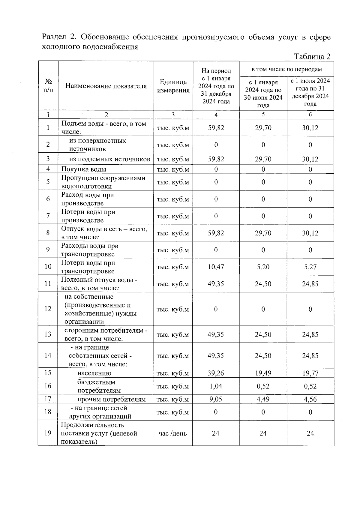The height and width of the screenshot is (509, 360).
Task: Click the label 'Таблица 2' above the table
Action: tap(312, 57)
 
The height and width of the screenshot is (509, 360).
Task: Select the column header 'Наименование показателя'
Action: tap(106, 86)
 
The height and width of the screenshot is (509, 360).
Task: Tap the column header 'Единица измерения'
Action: tap(173, 86)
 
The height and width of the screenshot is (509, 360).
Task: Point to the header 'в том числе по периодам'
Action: tap(286, 69)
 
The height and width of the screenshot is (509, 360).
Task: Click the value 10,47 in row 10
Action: tap(216, 267)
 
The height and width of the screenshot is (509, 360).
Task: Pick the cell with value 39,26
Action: tap(216, 373)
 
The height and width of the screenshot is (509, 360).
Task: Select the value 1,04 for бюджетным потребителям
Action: tap(216, 386)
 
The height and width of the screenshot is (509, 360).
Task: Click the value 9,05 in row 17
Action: tap(216, 399)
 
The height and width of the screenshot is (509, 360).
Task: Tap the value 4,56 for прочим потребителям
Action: tap(310, 399)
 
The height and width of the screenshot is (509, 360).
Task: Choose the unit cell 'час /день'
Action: tap(173, 433)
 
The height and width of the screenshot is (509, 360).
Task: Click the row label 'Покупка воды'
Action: tap(84, 169)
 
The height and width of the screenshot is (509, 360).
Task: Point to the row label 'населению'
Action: tap(94, 373)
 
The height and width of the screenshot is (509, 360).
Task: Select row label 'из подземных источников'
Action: tap(109, 159)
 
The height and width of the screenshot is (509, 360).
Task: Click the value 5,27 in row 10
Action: tap(310, 267)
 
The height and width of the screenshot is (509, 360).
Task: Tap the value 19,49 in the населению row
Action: tap(263, 373)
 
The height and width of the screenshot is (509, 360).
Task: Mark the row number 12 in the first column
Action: tap(48, 309)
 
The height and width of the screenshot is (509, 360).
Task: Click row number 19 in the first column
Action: tap(48, 433)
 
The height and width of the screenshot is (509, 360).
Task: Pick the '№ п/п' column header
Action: tap(48, 86)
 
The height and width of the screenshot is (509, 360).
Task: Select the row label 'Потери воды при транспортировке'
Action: tap(88, 267)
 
